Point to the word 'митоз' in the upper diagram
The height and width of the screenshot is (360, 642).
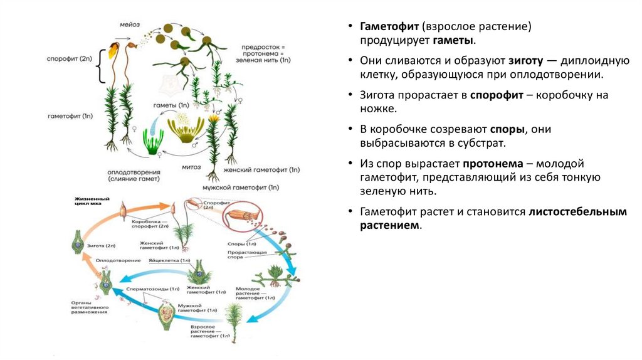pyautogui.click(x=192, y=167)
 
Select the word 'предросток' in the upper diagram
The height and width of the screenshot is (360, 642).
pyautogui.click(x=265, y=47)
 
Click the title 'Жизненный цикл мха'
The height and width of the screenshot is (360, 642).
pyautogui.click(x=87, y=201)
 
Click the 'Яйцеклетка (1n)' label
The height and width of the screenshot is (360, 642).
pyautogui.click(x=169, y=260)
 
